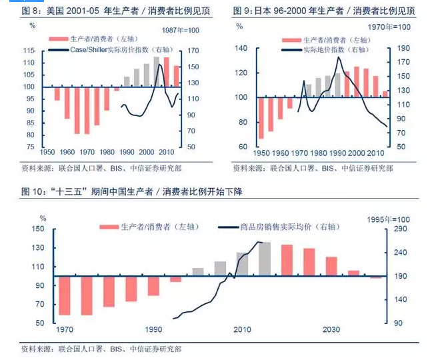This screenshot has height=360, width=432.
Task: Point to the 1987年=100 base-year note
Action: point(181,31)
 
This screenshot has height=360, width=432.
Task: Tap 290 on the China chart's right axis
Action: point(401,229)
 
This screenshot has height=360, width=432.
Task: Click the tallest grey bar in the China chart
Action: point(264,259)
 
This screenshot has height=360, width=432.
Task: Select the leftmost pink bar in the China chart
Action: point(64,295)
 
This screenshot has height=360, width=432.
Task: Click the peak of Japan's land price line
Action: point(339,58)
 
